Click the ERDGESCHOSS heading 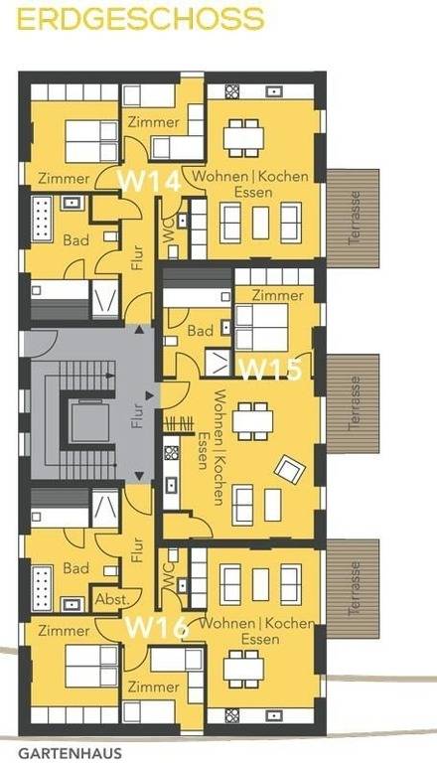141,19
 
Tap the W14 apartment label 150,182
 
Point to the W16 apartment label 156,628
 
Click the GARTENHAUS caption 70,754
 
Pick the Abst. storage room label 112,599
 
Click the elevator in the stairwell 88,419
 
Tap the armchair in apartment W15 290,469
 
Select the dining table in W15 252,420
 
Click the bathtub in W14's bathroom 42,219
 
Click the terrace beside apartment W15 353,403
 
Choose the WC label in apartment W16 169,570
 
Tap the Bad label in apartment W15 201,331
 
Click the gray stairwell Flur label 137,415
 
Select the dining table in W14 244,137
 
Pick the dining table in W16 244,669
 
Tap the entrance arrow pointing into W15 150,395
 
